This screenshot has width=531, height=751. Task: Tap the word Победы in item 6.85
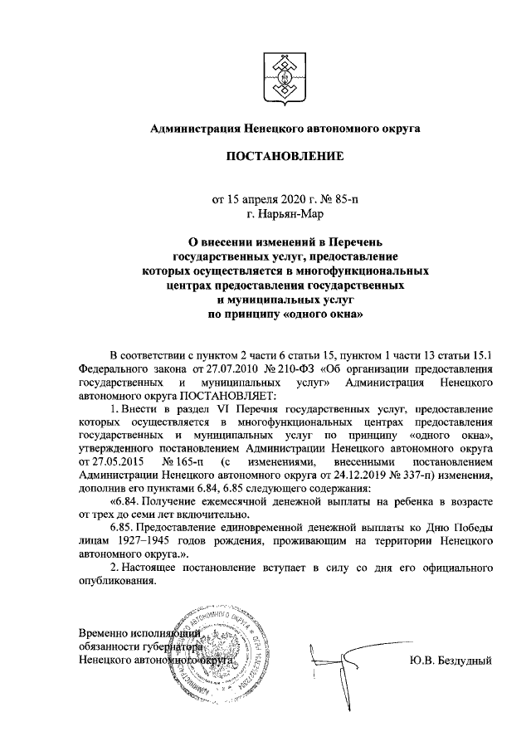474,529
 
